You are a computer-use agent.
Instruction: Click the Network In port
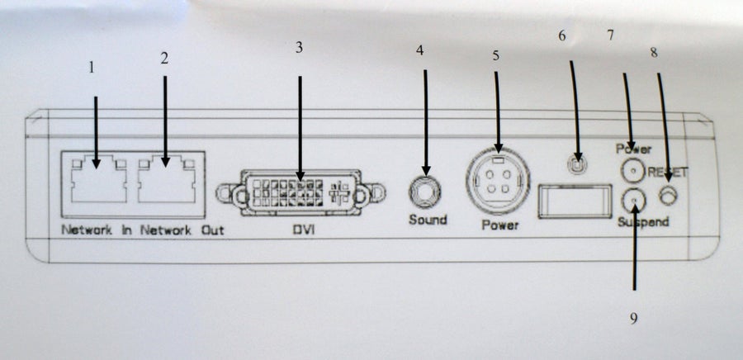(x=98, y=179)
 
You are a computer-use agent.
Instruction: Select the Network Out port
(x=166, y=179)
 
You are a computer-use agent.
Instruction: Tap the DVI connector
(x=301, y=192)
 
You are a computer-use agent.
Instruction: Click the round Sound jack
(x=424, y=192)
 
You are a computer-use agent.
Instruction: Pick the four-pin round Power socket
(x=498, y=181)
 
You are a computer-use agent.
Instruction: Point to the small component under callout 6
(x=577, y=164)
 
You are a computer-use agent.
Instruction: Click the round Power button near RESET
(x=633, y=171)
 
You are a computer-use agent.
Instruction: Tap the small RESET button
(x=668, y=195)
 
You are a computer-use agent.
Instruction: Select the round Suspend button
(x=633, y=201)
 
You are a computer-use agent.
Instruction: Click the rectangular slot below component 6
(x=575, y=201)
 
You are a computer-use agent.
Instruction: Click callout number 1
(x=92, y=67)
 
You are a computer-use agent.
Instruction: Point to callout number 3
(x=299, y=47)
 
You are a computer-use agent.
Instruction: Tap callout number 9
(x=633, y=319)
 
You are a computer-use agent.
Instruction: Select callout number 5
(x=495, y=55)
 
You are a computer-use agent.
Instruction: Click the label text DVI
(x=303, y=230)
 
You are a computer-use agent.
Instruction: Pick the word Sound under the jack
(x=428, y=220)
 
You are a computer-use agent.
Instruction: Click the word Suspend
(x=643, y=221)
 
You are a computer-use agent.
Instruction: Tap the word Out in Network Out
(x=213, y=230)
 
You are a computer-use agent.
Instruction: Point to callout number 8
(x=654, y=53)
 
